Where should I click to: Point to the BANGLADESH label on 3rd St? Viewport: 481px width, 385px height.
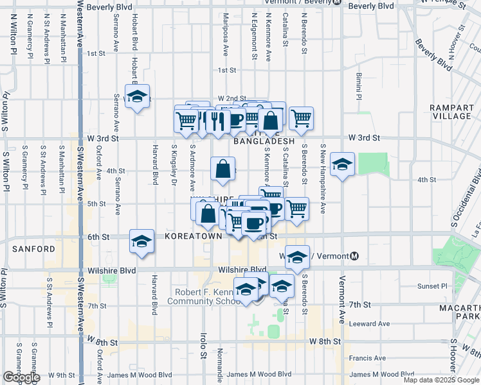(x=264, y=141)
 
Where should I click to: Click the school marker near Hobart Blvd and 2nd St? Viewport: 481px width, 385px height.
(x=136, y=98)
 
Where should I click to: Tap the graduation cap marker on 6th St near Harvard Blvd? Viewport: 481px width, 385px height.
(x=141, y=243)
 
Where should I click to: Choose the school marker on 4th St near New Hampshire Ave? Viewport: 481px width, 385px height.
(x=343, y=165)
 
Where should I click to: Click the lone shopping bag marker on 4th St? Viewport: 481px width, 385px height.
(x=222, y=170)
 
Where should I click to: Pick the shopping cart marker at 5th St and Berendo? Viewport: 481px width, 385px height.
(x=296, y=209)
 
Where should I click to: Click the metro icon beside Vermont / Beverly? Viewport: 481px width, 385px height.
(x=337, y=2)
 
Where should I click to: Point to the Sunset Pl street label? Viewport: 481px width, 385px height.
(x=431, y=286)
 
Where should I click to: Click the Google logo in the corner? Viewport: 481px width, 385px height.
(x=21, y=378)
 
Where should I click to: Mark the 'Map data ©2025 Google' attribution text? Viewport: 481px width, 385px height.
(x=441, y=380)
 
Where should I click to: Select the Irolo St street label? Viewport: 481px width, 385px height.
(x=203, y=345)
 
